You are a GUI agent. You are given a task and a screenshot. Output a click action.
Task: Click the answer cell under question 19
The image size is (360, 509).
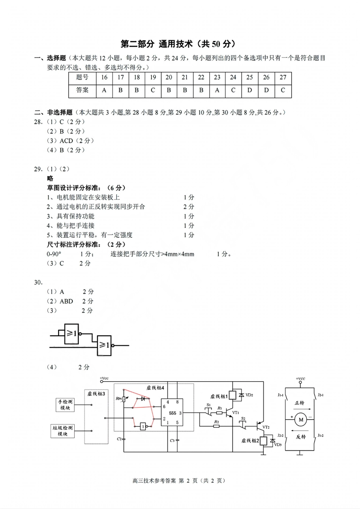(x=153, y=90)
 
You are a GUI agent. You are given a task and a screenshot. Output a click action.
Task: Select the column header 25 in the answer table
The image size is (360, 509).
(x=249, y=77)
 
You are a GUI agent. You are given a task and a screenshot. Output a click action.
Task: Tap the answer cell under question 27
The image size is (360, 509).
(x=283, y=90)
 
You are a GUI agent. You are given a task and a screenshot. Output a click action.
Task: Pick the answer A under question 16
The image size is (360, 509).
(x=104, y=90)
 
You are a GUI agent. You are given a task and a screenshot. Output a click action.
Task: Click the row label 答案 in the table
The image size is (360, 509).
(x=82, y=90)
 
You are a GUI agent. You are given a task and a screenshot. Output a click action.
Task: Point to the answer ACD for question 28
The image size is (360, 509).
(x=66, y=141)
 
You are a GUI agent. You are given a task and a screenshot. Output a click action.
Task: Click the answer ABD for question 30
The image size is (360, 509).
(x=66, y=301)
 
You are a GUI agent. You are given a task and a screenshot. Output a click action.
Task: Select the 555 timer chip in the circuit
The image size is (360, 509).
(x=172, y=412)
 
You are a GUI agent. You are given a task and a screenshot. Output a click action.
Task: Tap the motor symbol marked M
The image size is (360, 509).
(x=301, y=420)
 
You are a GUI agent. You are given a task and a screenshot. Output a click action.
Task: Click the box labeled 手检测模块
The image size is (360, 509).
(x=65, y=405)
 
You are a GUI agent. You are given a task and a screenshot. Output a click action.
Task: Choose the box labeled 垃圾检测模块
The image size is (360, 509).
(x=63, y=431)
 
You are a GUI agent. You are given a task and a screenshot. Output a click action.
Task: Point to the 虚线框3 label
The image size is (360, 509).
(x=96, y=394)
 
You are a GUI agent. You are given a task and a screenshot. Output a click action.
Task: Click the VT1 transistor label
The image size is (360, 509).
(x=235, y=412)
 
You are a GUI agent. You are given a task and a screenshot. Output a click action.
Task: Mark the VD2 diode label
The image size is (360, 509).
(x=249, y=395)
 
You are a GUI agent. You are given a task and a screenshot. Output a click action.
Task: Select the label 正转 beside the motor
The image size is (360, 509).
(x=300, y=403)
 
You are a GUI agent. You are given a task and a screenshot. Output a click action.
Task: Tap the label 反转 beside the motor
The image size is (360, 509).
(x=301, y=437)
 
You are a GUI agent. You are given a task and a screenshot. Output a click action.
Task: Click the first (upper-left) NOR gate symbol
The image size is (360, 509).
(x=71, y=334)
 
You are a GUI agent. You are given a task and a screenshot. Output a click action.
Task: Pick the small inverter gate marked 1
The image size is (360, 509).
(x=143, y=426)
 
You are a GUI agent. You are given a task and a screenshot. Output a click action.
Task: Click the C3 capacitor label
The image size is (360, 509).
(x=172, y=440)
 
